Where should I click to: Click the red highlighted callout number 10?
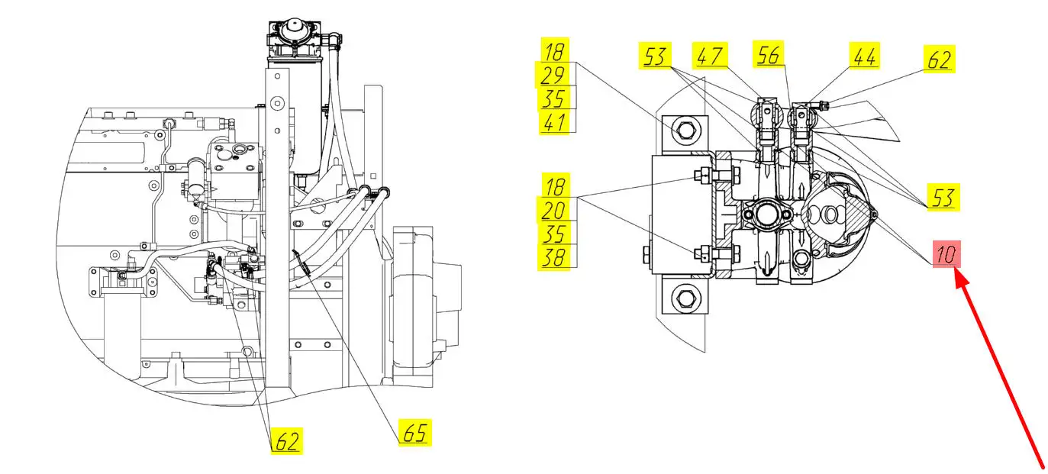pyautogui.click(x=946, y=254)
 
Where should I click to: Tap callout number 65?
pyautogui.click(x=414, y=433)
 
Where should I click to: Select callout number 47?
pyautogui.click(x=710, y=55)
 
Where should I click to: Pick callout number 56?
pyautogui.click(x=769, y=55)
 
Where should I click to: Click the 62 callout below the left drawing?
pyautogui.click(x=286, y=440)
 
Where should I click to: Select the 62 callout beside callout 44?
pyautogui.click(x=940, y=60)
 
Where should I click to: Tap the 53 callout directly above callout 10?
pyautogui.click(x=942, y=197)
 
